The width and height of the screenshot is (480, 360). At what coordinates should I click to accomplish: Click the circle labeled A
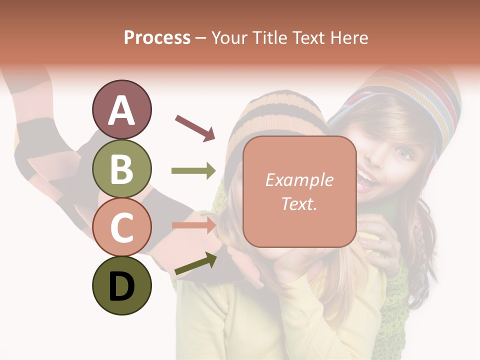[x=121, y=109]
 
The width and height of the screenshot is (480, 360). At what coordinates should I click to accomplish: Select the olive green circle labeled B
[x=121, y=168]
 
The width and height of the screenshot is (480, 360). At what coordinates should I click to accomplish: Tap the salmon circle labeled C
[x=121, y=227]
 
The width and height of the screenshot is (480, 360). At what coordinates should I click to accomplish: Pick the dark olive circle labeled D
[x=121, y=285]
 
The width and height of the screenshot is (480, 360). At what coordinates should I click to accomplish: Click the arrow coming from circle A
[x=195, y=127]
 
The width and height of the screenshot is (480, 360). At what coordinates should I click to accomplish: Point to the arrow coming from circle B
[x=193, y=171]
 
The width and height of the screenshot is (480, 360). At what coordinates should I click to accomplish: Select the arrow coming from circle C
[x=193, y=225]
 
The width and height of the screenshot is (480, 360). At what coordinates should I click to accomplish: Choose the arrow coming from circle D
[x=195, y=263]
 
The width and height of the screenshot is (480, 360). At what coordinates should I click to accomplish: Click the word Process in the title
[x=157, y=38]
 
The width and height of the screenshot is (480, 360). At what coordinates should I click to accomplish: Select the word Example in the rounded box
[x=299, y=180]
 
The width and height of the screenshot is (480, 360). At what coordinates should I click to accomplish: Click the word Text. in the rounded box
[x=299, y=203]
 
